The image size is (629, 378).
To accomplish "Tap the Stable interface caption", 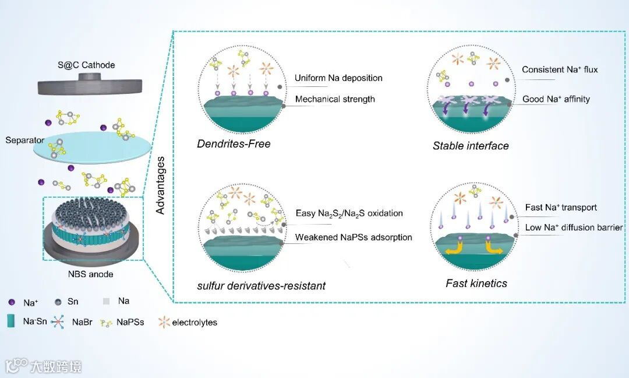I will coord(471,146).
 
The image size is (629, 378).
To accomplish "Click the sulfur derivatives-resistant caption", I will coord(261,286).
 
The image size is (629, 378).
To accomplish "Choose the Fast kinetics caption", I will coord(476,283).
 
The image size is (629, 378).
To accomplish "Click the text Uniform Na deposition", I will coord(338,78).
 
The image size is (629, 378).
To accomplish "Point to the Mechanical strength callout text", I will coord(335,99).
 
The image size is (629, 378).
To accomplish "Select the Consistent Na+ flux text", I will coord(560,70).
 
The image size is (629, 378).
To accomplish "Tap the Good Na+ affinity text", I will coord(556,99).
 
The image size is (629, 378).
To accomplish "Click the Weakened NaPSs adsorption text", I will coord(354,237).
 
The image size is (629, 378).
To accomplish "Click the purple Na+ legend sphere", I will coord(11,302).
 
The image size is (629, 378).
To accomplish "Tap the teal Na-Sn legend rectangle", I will coord(11,321).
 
